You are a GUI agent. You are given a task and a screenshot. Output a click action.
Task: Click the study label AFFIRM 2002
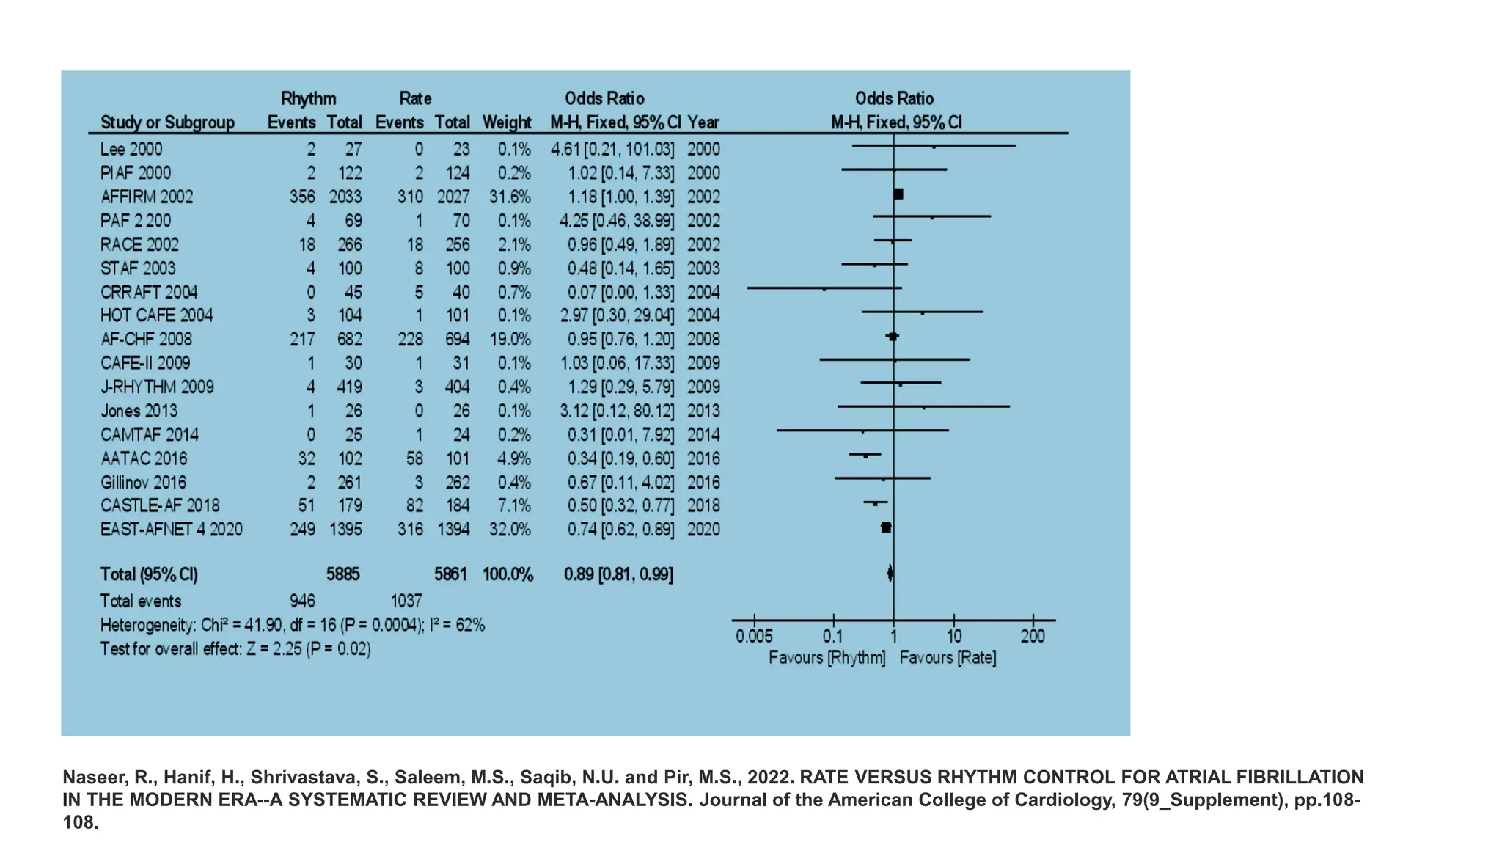[x=147, y=197]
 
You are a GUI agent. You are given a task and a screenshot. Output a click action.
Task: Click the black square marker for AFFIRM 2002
[x=898, y=194]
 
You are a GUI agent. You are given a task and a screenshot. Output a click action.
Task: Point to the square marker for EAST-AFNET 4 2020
[x=886, y=527]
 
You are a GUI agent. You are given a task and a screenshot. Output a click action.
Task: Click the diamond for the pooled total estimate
[x=890, y=574]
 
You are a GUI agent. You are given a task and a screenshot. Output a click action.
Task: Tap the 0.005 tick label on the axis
[x=754, y=637]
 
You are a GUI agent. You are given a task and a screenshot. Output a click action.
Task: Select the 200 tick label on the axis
[x=1033, y=637]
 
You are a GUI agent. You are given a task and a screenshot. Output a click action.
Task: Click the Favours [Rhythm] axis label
[x=827, y=658]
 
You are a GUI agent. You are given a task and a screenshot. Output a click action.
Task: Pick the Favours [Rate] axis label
[x=948, y=658]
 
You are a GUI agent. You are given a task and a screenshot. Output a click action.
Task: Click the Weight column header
[x=507, y=122]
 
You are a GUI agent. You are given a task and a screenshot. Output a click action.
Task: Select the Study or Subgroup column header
[x=167, y=122]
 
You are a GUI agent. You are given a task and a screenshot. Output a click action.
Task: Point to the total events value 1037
[x=406, y=601]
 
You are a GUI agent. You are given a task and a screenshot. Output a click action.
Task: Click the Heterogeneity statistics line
[x=292, y=626]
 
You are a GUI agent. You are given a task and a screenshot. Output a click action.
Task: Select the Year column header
[x=703, y=122]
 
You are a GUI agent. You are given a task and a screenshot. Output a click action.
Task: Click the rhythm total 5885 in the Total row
[x=343, y=574]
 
